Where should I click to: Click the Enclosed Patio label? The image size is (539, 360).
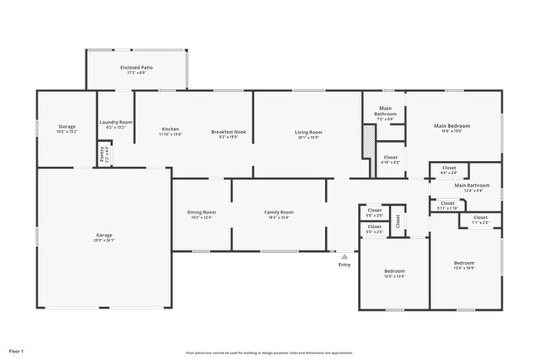[136, 67]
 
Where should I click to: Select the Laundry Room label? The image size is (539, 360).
[115, 123]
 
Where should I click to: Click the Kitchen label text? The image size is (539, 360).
[171, 129]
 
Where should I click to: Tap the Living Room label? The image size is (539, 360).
[308, 132]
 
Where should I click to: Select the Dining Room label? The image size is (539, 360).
[201, 212]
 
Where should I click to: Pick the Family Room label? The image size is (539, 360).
[279, 212]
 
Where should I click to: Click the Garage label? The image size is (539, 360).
[104, 236]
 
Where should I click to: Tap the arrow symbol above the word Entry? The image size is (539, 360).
[344, 257]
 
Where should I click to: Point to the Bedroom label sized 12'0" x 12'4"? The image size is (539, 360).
[394, 272]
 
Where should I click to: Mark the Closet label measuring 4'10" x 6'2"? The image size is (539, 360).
[390, 158]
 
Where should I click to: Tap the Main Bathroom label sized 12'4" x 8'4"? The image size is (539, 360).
[472, 187]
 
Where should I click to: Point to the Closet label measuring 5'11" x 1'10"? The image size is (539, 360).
[448, 204]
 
